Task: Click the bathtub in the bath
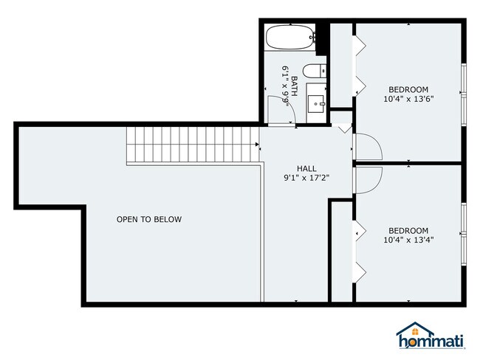point(290,38)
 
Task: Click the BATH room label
point(294,86)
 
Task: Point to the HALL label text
point(306,168)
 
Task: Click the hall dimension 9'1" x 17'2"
point(306,178)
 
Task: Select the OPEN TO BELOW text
point(149,219)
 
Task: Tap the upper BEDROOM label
point(408,89)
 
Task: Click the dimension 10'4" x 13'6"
point(408,99)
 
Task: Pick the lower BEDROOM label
point(408,231)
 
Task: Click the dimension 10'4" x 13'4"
point(408,240)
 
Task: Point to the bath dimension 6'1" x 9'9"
point(285,86)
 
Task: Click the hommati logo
point(431,336)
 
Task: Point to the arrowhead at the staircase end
point(258,144)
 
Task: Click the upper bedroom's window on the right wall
point(464,94)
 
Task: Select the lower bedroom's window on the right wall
point(464,235)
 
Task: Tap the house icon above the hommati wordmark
point(415,329)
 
